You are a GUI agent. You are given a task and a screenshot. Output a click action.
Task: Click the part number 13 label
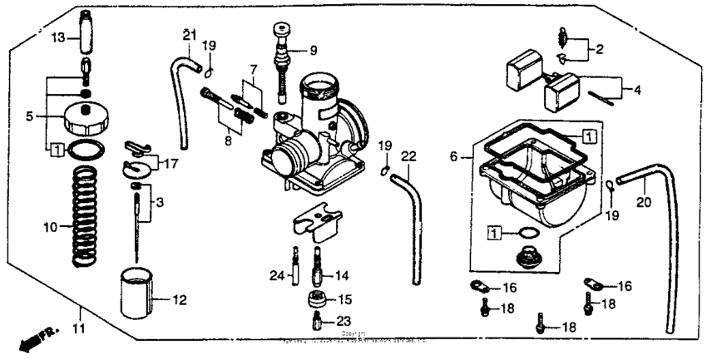pyautogui.click(x=57, y=38)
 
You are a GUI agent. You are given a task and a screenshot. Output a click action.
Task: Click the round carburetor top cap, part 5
pyautogui.click(x=87, y=117)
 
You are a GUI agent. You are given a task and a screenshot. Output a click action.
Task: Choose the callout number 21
pyautogui.click(x=189, y=34)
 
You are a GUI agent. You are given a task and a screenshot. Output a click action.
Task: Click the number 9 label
pyautogui.click(x=313, y=51)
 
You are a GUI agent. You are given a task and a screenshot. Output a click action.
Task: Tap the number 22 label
pyautogui.click(x=408, y=155)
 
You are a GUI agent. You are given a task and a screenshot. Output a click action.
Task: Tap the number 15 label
pyautogui.click(x=344, y=298)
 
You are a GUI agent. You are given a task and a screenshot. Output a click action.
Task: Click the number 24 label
pyautogui.click(x=276, y=275)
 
